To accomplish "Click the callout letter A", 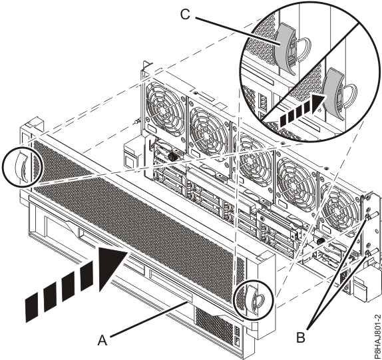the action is [x=102, y=340].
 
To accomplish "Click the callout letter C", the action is [x=185, y=14].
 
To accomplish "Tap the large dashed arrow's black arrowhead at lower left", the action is [x=112, y=268].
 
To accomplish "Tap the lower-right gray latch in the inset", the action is [x=333, y=94].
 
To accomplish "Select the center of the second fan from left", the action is [x=208, y=132].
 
